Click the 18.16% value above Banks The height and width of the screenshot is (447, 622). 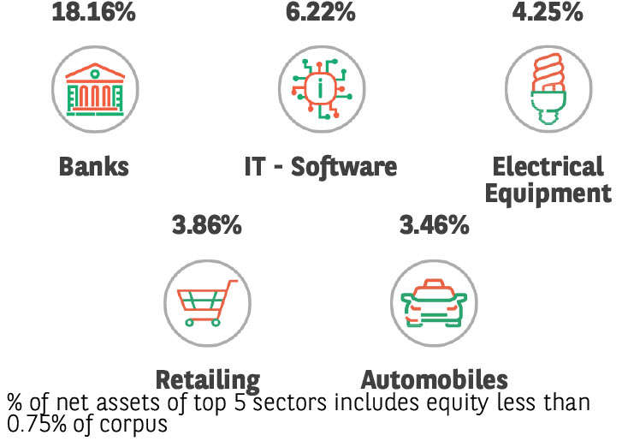coord(93,13)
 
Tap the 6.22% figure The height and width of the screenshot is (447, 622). coord(321,13)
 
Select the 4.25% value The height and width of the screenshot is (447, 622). coord(548,13)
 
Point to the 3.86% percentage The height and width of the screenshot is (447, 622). coord(206,226)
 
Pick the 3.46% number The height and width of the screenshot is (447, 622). coord(435,226)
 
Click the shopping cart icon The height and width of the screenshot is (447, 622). coord(207,301)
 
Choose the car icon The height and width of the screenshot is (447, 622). coord(434,301)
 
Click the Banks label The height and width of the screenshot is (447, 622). coord(94,165)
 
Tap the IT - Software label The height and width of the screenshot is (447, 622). coord(321,165)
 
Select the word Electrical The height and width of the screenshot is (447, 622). coord(548,165)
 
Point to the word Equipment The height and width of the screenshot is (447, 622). coord(548,193)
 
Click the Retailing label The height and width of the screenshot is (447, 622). coord(207,379)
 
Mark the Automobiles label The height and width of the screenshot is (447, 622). coord(435,379)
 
